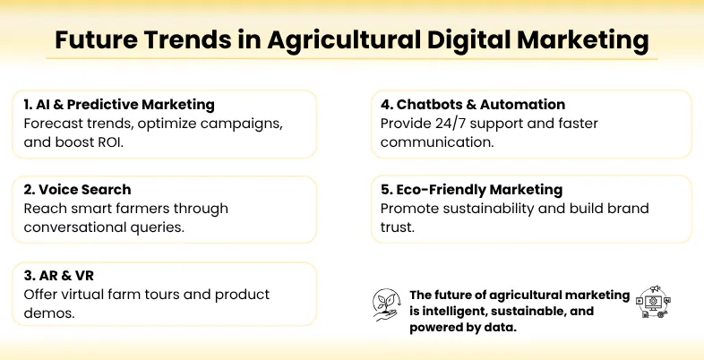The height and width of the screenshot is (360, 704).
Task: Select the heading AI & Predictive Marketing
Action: [x=119, y=105]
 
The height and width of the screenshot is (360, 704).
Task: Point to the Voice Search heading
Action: [x=78, y=190]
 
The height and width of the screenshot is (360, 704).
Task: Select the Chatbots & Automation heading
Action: [x=472, y=105]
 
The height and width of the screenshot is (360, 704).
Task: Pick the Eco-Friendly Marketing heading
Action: [x=471, y=190]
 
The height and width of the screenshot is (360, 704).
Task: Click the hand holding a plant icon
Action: [x=386, y=304]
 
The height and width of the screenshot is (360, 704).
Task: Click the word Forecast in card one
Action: [x=53, y=123]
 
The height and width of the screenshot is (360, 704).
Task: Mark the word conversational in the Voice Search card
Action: [x=73, y=227]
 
